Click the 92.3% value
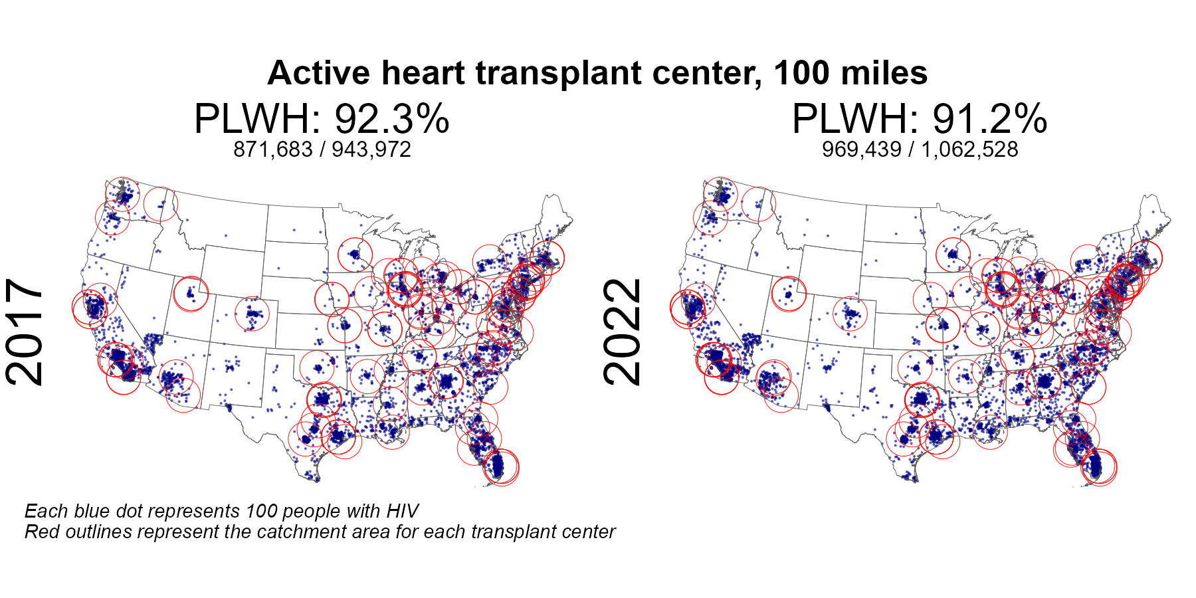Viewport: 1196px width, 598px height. coord(391,120)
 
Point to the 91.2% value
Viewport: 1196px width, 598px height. coord(989,120)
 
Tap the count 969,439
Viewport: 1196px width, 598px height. coord(861,149)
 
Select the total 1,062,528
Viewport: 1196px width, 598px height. coord(969,149)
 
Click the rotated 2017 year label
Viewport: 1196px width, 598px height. coord(25,332)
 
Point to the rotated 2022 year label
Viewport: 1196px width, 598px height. coord(623,332)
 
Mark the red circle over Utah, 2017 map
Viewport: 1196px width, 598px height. coord(191,293)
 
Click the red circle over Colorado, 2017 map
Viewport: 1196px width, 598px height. coord(252,314)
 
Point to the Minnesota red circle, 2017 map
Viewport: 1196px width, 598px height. coord(355,254)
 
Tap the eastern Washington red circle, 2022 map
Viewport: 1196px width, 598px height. coord(757,204)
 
